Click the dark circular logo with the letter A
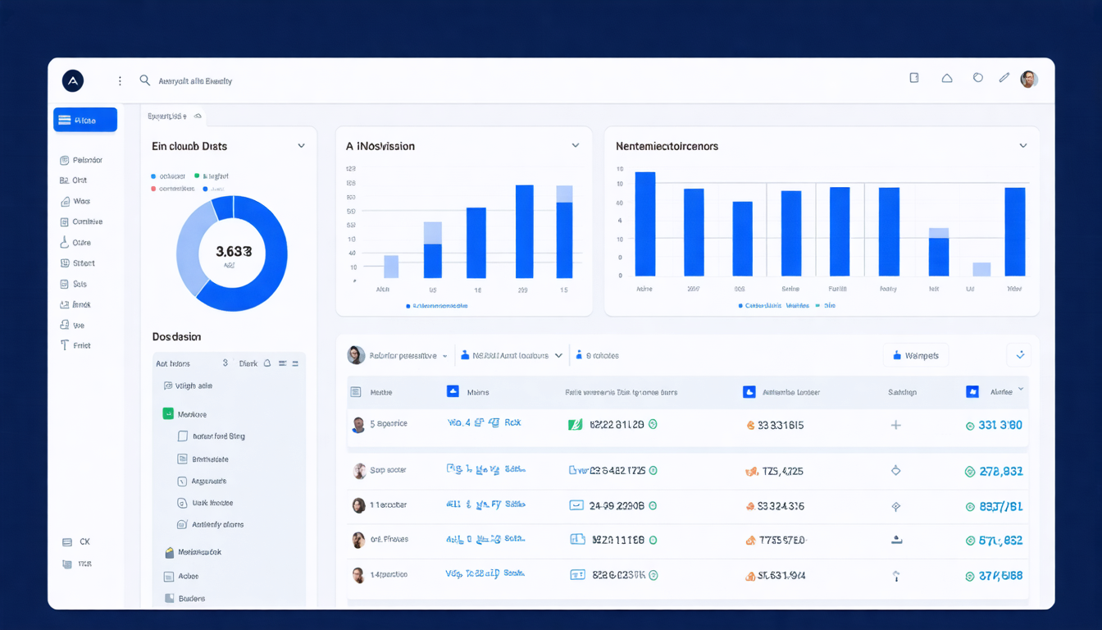click(x=73, y=80)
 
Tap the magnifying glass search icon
click(x=145, y=80)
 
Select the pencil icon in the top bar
click(x=1004, y=78)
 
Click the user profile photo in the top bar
click(x=1029, y=79)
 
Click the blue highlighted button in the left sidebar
click(x=85, y=120)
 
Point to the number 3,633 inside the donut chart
click(x=233, y=252)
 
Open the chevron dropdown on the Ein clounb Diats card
click(x=301, y=146)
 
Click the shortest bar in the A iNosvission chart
click(x=391, y=267)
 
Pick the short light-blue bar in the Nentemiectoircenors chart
click(x=981, y=269)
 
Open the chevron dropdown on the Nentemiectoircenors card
click(x=1022, y=146)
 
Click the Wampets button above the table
click(x=916, y=355)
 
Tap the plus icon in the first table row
click(x=896, y=425)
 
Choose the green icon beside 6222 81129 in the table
click(x=576, y=424)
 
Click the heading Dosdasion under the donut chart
click(x=176, y=336)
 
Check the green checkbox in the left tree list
click(x=168, y=414)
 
